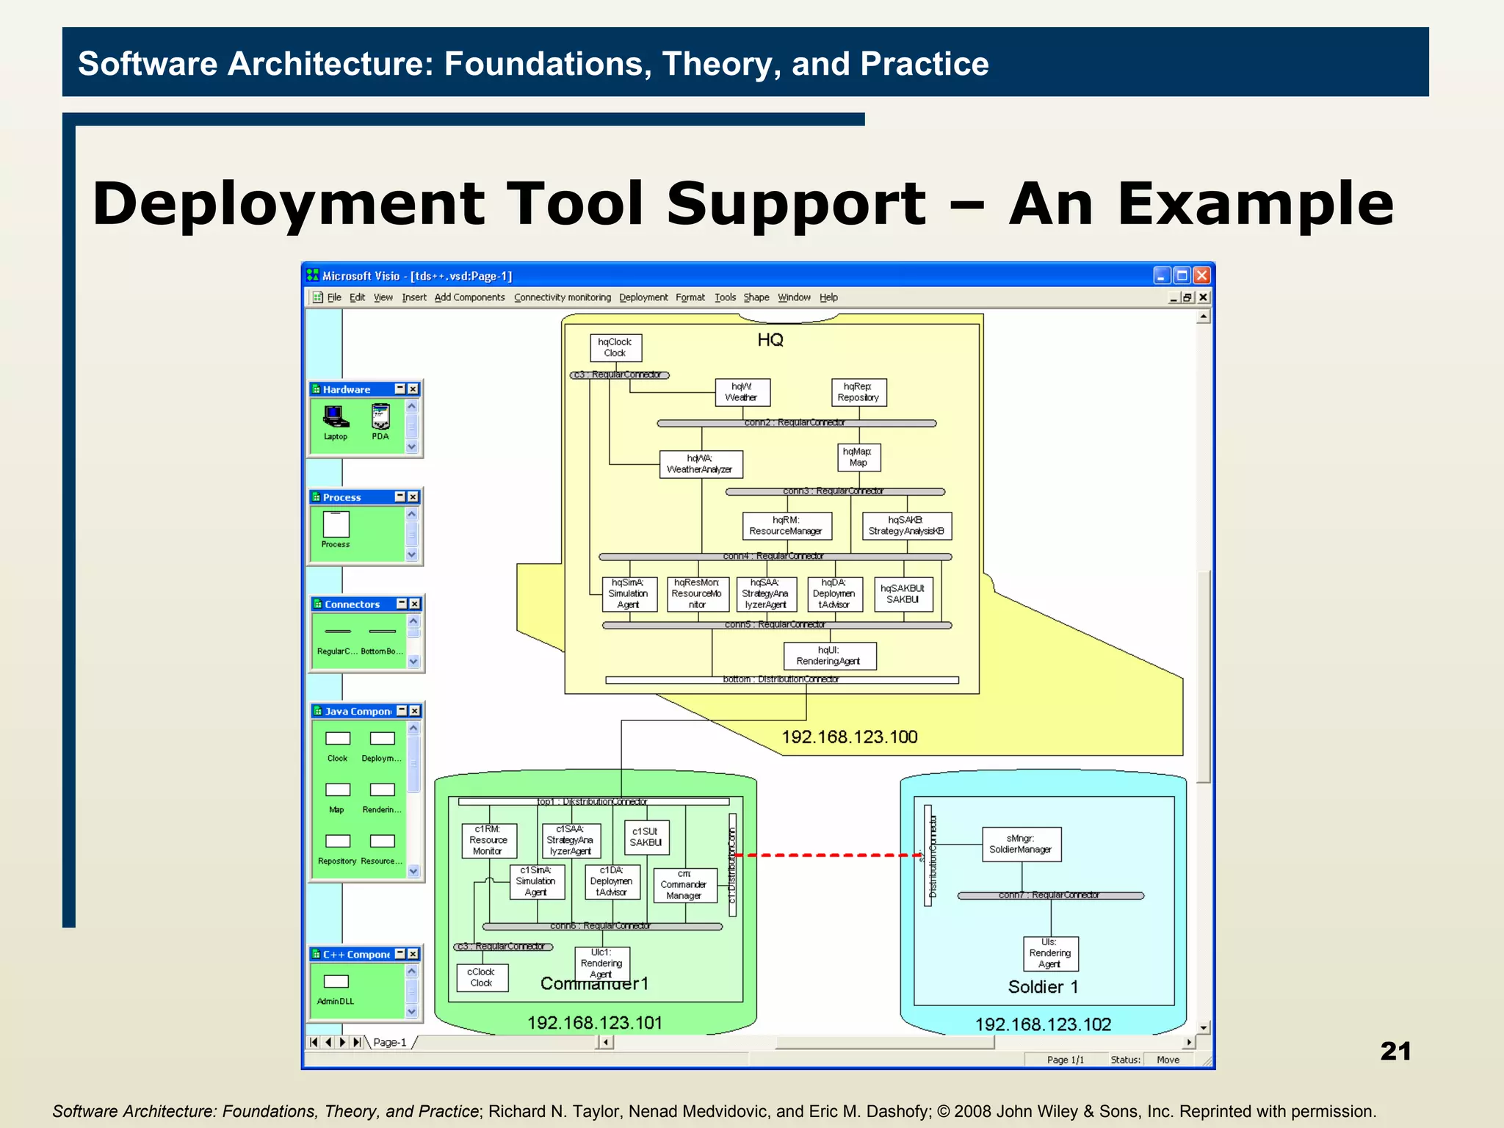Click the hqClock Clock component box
(615, 347)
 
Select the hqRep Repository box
(858, 392)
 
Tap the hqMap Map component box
(858, 457)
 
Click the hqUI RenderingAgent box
(829, 656)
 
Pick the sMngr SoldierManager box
(1021, 844)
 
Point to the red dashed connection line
(830, 855)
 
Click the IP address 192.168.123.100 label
(849, 737)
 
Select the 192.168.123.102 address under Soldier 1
(1042, 1024)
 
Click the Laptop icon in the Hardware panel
(336, 418)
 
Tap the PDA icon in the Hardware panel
(380, 418)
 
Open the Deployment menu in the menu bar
(643, 297)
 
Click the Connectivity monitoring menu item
(562, 297)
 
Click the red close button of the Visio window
(1201, 275)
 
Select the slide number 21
(1395, 1051)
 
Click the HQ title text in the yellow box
(770, 340)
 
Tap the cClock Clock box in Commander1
(482, 977)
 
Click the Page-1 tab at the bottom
(389, 1042)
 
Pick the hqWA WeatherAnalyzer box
(700, 464)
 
